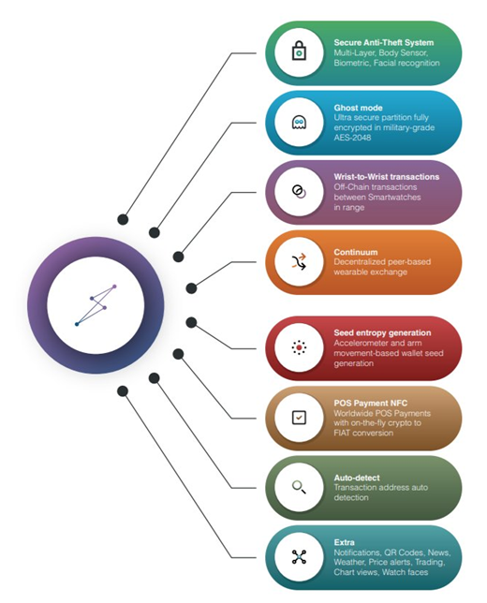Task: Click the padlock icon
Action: [299, 51]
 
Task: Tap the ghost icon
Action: [299, 123]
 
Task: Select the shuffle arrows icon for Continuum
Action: [299, 261]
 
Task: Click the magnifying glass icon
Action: [299, 487]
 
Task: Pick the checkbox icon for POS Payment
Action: [299, 418]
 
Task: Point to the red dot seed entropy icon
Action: [299, 347]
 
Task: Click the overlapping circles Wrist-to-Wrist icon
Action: [299, 192]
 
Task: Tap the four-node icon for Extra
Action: [299, 557]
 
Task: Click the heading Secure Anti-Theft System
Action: [384, 43]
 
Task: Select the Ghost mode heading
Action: [358, 108]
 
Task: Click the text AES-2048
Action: [352, 138]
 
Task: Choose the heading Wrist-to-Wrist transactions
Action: [387, 177]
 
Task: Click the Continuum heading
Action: [356, 252]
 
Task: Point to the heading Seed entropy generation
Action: [382, 333]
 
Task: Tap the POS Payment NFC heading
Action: [371, 404]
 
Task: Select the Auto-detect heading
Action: [357, 478]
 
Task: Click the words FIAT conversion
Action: [363, 433]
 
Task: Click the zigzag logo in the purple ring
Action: [96, 305]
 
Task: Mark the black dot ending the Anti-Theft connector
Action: [123, 220]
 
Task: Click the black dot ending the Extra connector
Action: [123, 391]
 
